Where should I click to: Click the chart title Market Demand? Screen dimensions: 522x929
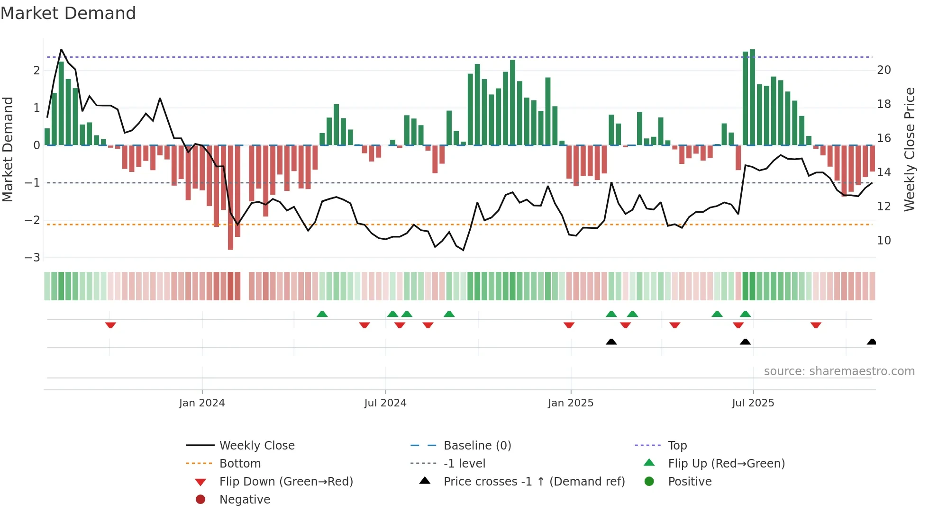pos(68,13)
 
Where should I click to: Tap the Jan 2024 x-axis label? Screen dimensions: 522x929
pos(202,403)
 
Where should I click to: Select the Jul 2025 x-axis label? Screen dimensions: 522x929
pos(753,403)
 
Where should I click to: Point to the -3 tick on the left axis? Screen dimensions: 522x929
pos(33,258)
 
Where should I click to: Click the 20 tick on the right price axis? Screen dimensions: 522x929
pos(884,70)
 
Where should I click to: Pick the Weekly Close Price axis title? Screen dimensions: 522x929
pos(909,149)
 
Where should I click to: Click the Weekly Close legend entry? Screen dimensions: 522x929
pos(256,446)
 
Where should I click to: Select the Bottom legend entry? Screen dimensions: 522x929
pos(240,464)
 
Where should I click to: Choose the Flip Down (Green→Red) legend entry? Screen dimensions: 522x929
pos(286,482)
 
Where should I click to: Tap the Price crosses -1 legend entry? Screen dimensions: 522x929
pos(534,482)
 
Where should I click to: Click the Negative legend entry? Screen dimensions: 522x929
pos(245,500)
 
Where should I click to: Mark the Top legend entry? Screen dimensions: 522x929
pos(677,446)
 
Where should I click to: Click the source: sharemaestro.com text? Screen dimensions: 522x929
pos(839,371)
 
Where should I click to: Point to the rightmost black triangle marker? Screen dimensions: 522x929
pos(871,342)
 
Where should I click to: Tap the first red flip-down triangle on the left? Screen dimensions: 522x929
pos(110,325)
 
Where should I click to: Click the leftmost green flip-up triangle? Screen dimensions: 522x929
pos(322,314)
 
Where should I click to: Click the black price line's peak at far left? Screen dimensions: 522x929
pos(61,50)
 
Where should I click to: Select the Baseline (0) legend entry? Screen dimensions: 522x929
pos(477,446)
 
